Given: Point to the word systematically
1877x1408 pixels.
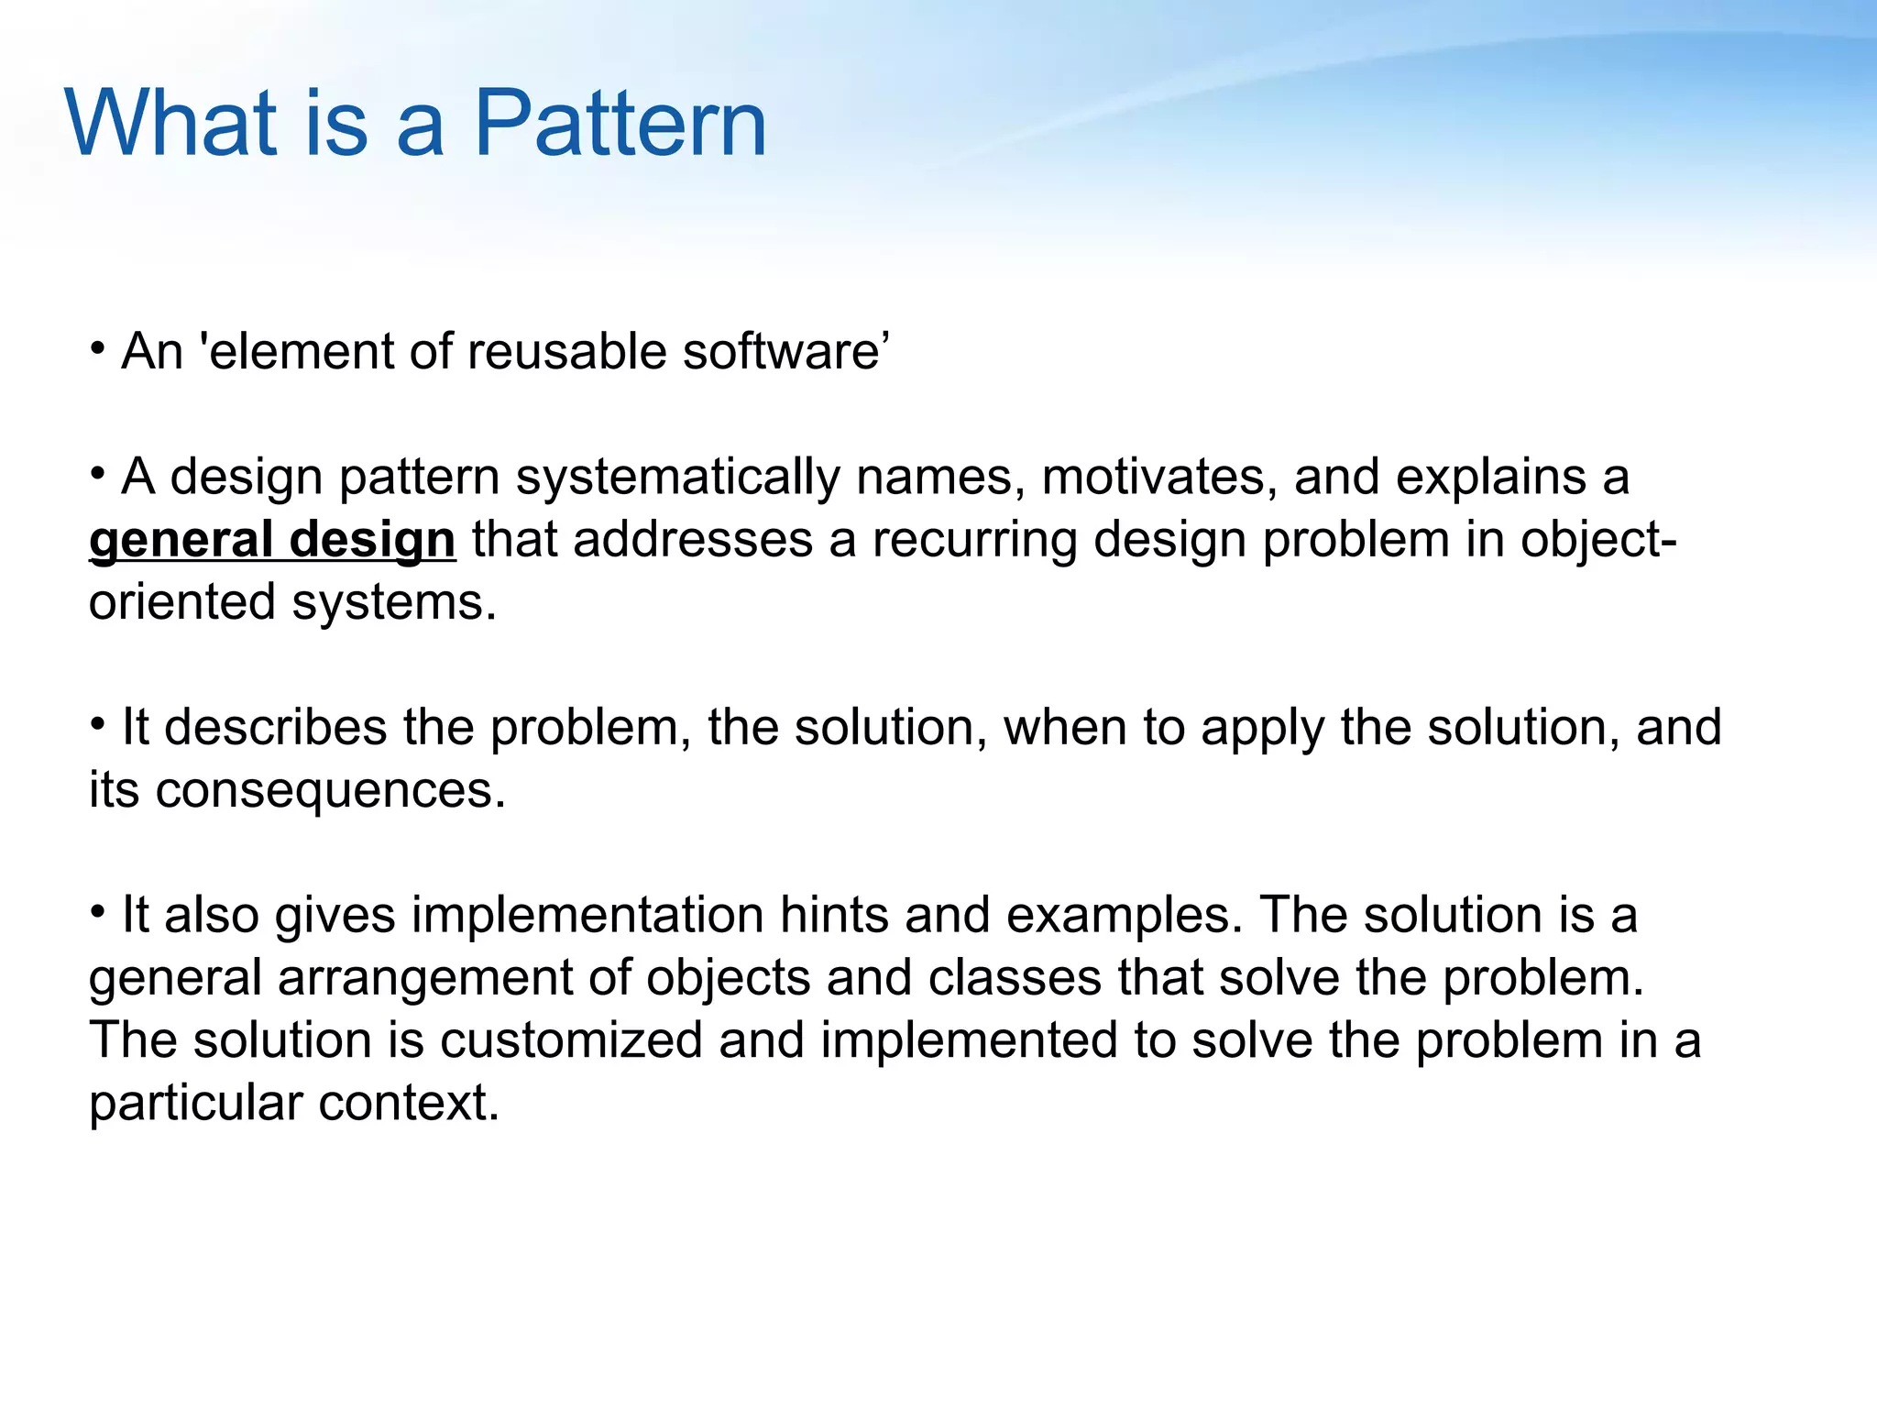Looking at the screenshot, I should (x=678, y=478).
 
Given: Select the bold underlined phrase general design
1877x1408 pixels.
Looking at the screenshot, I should (x=272, y=540).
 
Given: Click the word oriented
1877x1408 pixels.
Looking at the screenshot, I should (x=181, y=603).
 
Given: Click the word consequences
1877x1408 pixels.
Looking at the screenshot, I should (x=330, y=790).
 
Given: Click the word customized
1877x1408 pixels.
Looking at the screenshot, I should (x=570, y=1040).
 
